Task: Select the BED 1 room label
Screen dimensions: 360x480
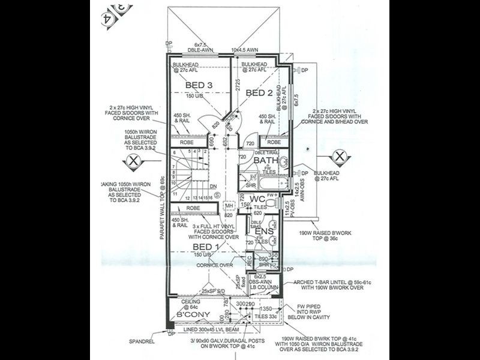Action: tap(206, 247)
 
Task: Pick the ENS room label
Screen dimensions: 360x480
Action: tap(263, 231)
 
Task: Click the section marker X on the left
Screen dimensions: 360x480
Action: tap(131, 160)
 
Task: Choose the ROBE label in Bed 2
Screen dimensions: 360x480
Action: tap(274, 143)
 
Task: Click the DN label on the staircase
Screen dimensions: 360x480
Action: tap(213, 186)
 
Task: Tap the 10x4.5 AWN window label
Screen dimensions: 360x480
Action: tap(244, 50)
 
